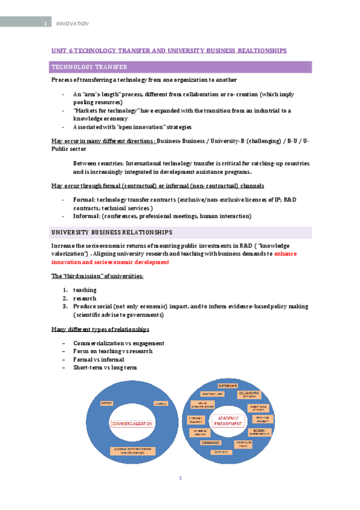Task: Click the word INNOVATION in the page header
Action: coord(72,23)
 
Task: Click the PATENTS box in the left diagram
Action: coord(108,403)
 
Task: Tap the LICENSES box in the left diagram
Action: coord(159,403)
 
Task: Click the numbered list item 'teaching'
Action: coord(85,290)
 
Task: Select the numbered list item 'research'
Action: coord(85,298)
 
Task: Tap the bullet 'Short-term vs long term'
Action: coord(105,367)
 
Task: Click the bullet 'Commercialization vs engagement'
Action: coord(118,343)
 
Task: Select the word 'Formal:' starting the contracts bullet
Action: coord(84,199)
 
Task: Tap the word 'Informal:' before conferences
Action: coord(87,216)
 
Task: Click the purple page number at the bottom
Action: coord(180,479)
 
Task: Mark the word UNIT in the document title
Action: coord(59,51)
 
